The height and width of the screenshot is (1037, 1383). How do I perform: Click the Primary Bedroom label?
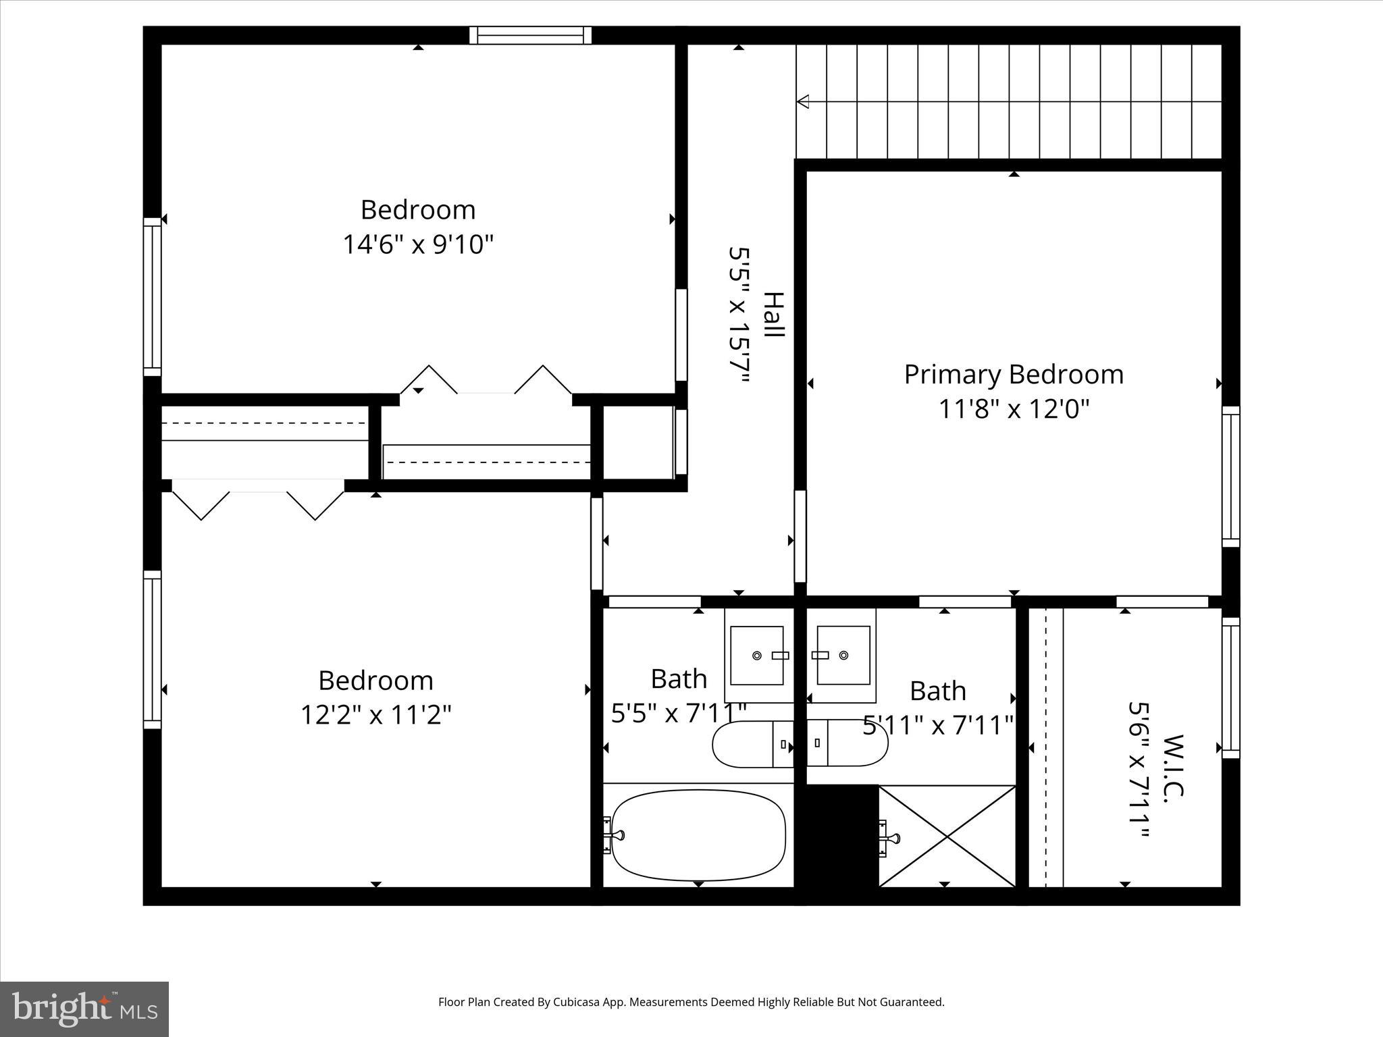(x=1014, y=374)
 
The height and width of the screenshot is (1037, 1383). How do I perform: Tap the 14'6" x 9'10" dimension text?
(x=418, y=244)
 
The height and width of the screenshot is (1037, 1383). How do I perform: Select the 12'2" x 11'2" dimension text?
(x=375, y=714)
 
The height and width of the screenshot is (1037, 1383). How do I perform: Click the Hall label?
(x=774, y=315)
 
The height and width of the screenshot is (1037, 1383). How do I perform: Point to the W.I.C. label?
(x=1175, y=769)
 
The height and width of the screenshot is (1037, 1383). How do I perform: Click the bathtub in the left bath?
(x=698, y=836)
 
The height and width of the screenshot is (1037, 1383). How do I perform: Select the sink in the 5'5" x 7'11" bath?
(x=757, y=655)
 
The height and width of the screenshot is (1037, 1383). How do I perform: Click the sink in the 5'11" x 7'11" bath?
(x=843, y=655)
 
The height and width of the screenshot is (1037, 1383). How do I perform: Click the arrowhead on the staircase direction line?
(x=803, y=102)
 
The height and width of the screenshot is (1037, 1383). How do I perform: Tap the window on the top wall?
(x=530, y=35)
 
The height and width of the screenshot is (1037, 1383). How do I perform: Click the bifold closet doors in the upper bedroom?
(x=486, y=381)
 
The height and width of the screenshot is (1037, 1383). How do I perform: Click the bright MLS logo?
(x=84, y=1009)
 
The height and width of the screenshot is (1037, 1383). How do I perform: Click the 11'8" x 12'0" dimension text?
(x=1014, y=408)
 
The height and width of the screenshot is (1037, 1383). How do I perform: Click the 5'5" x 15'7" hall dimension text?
(x=739, y=315)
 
